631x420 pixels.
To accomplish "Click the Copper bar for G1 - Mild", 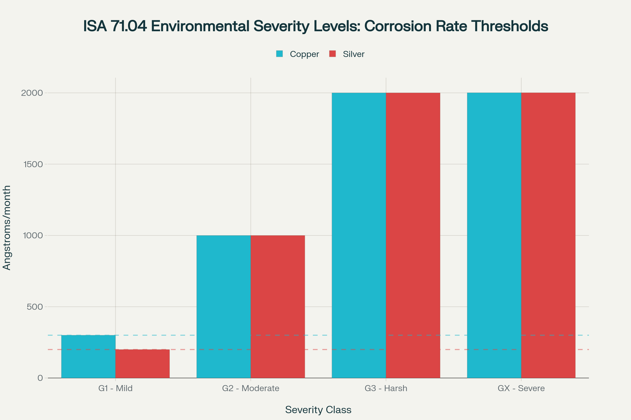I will [88, 356].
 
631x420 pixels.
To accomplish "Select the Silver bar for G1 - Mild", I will [143, 364].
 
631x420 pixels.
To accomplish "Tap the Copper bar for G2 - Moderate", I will [223, 307].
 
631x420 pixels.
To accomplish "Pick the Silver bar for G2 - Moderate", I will [278, 307].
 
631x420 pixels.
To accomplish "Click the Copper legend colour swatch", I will [279, 54].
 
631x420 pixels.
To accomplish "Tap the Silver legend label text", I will [354, 54].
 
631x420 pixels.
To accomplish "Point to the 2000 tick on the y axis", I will [32, 93].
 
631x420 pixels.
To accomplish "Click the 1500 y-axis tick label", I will [33, 164].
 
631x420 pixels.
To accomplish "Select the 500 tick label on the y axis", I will [35, 307].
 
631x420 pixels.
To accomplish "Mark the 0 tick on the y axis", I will [40, 378].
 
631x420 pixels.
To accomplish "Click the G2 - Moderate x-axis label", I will [251, 388].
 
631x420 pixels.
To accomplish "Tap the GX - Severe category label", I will [521, 388].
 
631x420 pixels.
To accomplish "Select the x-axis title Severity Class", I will [318, 409].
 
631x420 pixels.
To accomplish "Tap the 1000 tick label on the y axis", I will [33, 235].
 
